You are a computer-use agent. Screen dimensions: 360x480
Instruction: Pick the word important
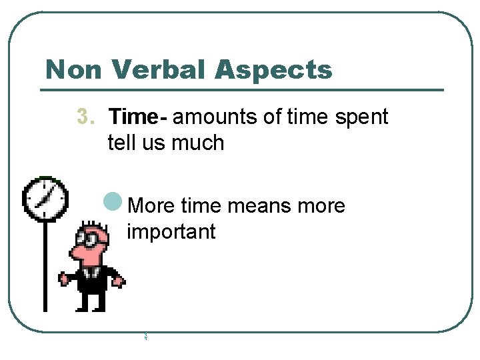[x=171, y=231]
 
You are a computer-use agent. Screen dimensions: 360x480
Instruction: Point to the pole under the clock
[x=45, y=267]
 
